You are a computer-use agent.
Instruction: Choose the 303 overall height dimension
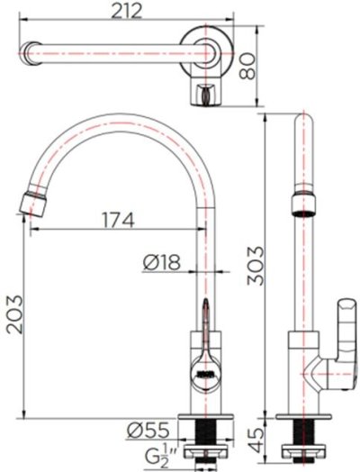click(x=257, y=265)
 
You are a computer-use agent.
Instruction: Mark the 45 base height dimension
click(x=257, y=439)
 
